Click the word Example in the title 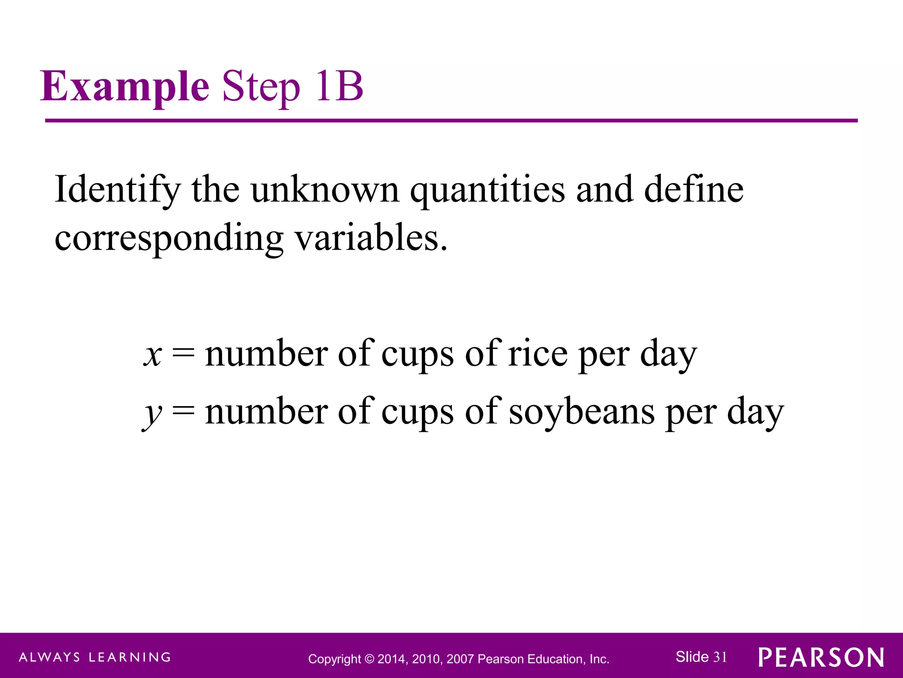[125, 87]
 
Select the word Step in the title [261, 87]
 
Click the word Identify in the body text [117, 190]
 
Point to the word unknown [325, 190]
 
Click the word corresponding [169, 239]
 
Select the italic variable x [153, 354]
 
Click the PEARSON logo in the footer [821, 658]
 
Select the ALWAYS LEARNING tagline [95, 657]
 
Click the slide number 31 [720, 657]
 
